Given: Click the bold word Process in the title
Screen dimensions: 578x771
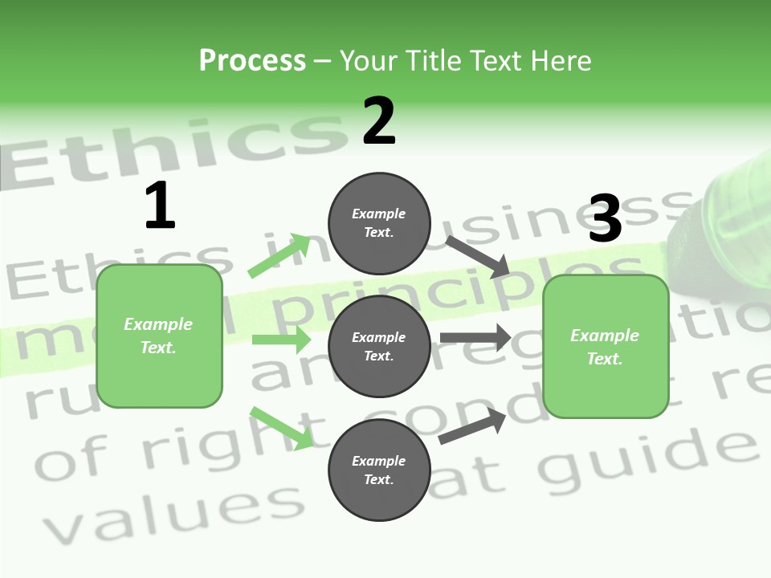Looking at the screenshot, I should [252, 60].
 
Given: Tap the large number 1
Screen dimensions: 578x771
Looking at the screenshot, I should [160, 206].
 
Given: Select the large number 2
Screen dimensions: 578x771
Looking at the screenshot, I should [379, 120].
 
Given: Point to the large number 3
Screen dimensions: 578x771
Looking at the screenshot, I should [605, 218].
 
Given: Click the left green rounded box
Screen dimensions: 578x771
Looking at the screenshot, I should [159, 336].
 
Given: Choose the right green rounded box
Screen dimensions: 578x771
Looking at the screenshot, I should [606, 346].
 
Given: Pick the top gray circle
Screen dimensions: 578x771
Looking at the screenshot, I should [379, 223].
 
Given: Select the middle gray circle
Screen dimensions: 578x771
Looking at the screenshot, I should [379, 346].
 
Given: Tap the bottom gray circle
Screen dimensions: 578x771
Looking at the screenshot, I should [379, 470].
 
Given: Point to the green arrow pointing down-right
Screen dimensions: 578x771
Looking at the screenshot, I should [281, 427].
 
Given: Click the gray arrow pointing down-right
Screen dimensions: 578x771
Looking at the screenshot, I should [477, 257].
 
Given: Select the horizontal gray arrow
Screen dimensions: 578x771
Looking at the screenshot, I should [475, 338].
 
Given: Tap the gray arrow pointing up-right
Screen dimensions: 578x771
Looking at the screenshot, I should [472, 426].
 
